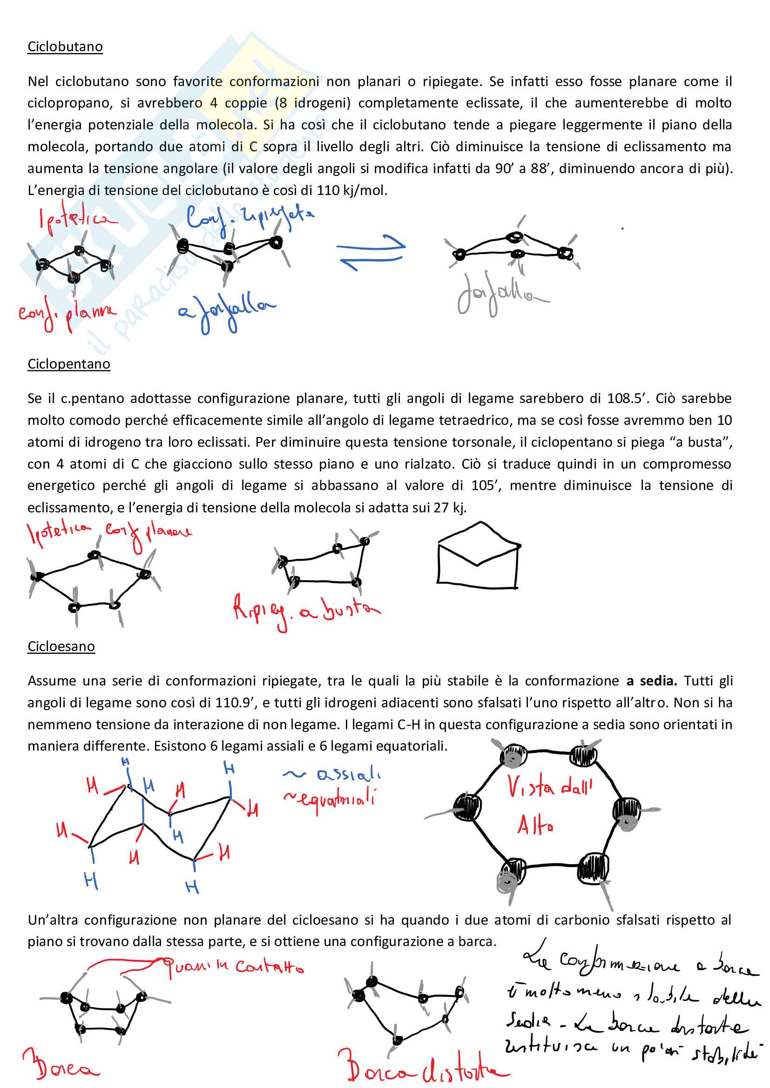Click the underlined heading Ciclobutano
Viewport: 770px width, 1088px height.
[x=65, y=47]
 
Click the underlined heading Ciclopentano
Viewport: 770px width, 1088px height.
[x=69, y=364]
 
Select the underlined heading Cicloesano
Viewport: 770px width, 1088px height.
[x=61, y=646]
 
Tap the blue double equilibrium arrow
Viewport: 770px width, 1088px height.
[x=371, y=252]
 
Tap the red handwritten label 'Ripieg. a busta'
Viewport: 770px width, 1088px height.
[x=306, y=611]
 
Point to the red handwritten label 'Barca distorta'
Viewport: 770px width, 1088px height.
[x=422, y=1066]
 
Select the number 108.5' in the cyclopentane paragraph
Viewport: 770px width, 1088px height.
[x=627, y=398]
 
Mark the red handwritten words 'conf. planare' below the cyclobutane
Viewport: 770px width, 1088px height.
[x=67, y=313]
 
